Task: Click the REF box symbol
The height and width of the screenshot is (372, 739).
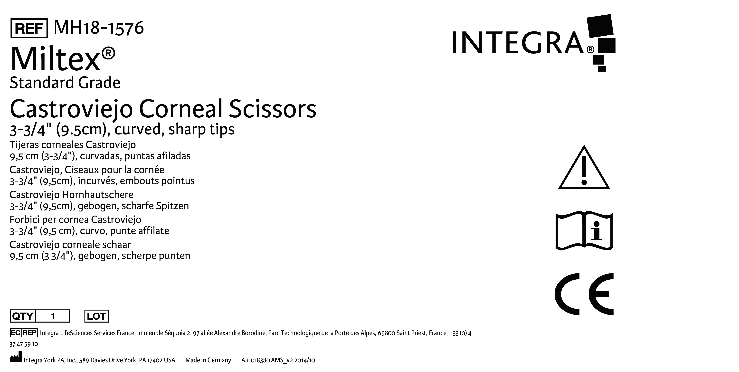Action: [x=29, y=28]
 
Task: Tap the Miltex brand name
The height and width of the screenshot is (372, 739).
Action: [x=63, y=59]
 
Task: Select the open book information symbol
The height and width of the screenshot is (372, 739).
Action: [x=584, y=231]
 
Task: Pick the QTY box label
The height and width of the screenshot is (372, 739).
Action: [x=23, y=316]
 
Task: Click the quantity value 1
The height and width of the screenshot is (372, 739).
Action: [x=53, y=316]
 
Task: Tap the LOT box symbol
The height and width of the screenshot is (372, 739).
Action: [x=97, y=316]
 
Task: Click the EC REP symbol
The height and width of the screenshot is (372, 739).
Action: [x=24, y=333]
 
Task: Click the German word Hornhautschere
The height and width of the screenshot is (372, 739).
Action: [x=98, y=195]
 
